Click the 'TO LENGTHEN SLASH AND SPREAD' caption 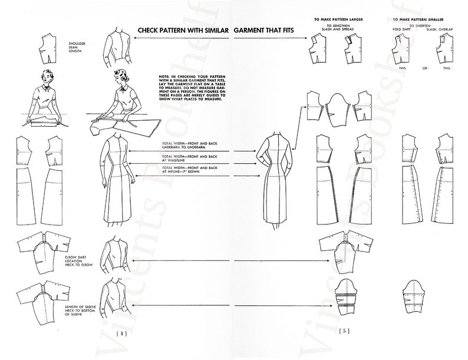click(x=338, y=29)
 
